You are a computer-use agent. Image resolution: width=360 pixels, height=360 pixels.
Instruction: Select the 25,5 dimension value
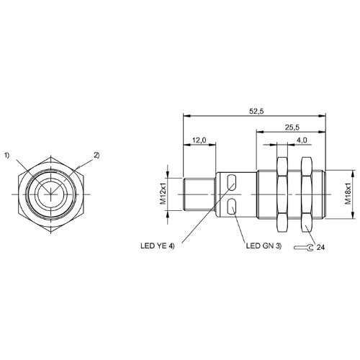(292, 127)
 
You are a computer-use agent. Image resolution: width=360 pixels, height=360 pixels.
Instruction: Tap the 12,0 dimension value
(199, 140)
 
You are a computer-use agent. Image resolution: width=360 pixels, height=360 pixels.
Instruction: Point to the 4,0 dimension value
(302, 140)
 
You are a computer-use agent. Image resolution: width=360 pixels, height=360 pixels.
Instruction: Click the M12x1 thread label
(163, 194)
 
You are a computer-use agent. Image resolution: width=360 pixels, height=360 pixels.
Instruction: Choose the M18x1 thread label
(348, 194)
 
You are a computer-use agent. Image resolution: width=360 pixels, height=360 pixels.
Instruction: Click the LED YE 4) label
(158, 246)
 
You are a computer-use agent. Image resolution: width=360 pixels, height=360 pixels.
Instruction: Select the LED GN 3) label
(264, 246)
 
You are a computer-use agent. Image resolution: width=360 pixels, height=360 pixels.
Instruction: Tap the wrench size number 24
(320, 248)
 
